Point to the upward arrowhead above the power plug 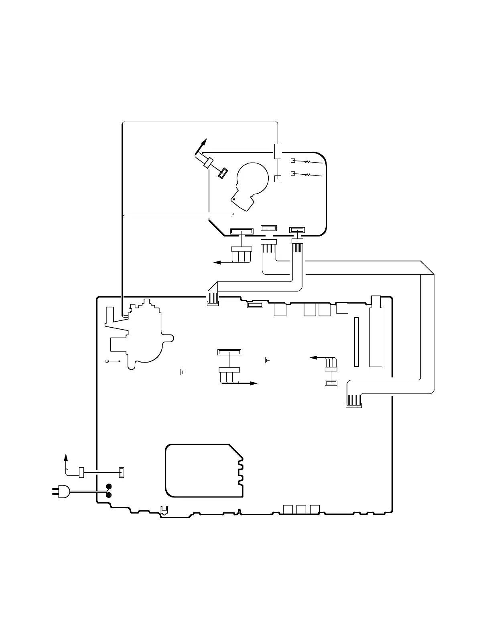tap(66, 457)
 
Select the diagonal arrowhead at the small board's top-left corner tap(204, 142)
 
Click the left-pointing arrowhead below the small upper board tap(217, 263)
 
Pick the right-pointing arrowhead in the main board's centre tap(254, 383)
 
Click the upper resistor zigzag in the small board tap(308, 162)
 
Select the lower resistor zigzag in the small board tap(308, 175)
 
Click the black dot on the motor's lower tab tap(234, 200)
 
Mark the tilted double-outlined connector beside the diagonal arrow tap(223, 173)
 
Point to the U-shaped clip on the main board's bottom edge tap(164, 510)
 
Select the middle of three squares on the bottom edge tap(302, 509)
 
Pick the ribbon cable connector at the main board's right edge tap(353, 405)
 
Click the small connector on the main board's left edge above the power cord tap(122, 473)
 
